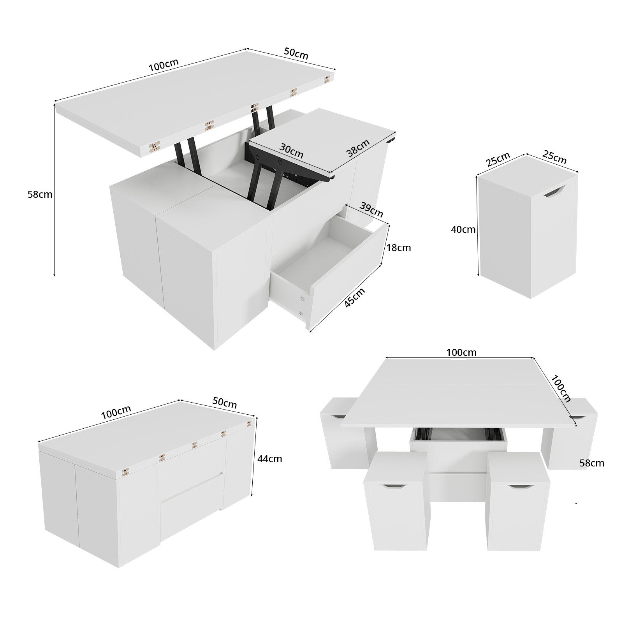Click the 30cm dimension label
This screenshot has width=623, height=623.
(x=291, y=150)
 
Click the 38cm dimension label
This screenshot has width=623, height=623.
(x=358, y=148)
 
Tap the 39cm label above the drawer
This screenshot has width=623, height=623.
(x=371, y=210)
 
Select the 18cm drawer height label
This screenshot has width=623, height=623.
(x=398, y=248)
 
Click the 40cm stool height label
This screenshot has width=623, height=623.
(x=463, y=229)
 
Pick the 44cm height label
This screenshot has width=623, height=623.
(x=269, y=459)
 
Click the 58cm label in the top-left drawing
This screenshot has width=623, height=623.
(x=40, y=194)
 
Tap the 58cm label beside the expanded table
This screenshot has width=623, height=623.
(x=591, y=463)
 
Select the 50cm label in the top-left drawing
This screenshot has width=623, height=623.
(x=296, y=54)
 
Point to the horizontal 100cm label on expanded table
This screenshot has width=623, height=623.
(x=461, y=352)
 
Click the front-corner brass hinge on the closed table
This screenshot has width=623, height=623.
(x=125, y=472)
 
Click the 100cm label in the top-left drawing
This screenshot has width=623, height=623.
(x=164, y=65)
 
